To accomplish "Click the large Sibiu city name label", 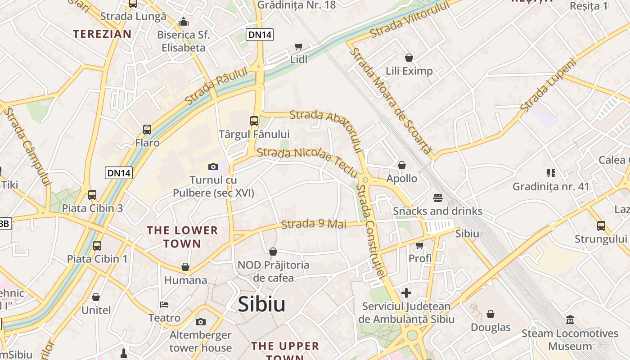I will click(261, 304).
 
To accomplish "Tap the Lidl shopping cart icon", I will click(298, 46).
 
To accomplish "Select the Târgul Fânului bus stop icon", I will click(254, 121).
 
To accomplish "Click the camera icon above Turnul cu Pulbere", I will click(213, 167).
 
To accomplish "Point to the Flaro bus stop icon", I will click(147, 130).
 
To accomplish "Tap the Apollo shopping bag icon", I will click(402, 166).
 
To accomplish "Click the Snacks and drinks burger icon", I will click(437, 198).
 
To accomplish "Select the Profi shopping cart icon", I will click(420, 245).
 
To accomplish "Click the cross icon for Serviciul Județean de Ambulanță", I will click(406, 293).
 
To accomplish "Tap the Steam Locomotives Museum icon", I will click(570, 320).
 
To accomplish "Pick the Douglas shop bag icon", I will click(490, 314).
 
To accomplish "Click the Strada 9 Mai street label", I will click(314, 224).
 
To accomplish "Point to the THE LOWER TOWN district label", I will click(182, 237).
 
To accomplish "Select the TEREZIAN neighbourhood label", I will click(102, 34).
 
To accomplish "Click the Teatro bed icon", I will click(164, 305).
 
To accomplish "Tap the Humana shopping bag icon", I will click(185, 267).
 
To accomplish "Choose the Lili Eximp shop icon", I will click(409, 58).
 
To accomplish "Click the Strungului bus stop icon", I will click(601, 225).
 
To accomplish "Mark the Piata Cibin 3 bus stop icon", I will click(92, 195).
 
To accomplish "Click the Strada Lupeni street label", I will click(548, 85).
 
